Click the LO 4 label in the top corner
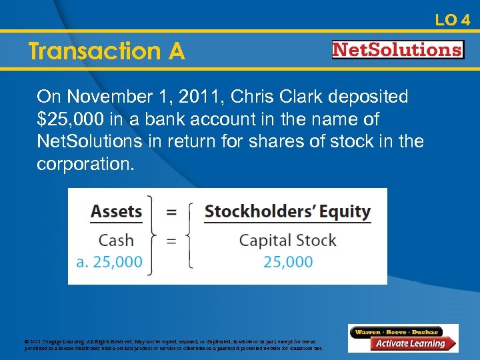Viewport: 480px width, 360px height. click(453, 20)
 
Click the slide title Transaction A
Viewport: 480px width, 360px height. click(107, 51)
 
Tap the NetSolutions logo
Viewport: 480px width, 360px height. click(398, 50)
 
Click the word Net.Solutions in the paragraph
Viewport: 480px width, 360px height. click(89, 142)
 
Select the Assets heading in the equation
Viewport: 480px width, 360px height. click(117, 212)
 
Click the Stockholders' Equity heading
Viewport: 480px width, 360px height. click(287, 212)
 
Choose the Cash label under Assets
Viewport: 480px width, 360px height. click(116, 240)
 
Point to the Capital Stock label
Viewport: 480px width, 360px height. click(287, 240)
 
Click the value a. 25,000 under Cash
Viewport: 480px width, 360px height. click(109, 261)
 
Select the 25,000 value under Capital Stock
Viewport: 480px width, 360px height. click(288, 261)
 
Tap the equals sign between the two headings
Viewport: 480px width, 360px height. click(171, 212)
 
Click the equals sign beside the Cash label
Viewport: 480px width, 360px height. click(171, 240)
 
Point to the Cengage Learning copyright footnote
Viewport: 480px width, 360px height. click(173, 345)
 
